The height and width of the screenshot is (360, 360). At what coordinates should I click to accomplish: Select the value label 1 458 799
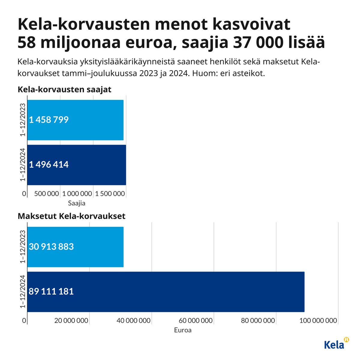pos(49,120)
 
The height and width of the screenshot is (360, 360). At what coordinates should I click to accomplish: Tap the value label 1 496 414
pos(49,165)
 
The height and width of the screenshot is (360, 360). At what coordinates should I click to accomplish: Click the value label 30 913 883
pos(51,247)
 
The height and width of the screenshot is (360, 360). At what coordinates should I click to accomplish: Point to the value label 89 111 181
pos(51,291)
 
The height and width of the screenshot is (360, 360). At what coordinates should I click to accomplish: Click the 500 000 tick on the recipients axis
pos(46,194)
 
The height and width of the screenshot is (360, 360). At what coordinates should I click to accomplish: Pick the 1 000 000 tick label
pos(77,194)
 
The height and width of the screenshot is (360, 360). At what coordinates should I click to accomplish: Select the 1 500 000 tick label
pos(109,194)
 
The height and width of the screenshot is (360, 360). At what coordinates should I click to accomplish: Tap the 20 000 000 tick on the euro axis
pos(71,321)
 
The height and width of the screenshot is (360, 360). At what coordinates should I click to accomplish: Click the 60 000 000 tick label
pos(196,321)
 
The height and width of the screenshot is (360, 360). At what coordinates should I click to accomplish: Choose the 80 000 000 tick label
pos(258,321)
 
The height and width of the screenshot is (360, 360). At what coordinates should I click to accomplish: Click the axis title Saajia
pos(76,203)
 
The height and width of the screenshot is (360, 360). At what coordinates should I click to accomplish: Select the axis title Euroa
pos(183,330)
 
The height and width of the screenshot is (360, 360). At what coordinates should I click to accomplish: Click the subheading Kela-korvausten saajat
pos(64,90)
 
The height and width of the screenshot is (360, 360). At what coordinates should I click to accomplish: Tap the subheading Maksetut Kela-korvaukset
pos(71,216)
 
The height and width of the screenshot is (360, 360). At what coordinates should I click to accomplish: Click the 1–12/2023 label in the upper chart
pos(22,120)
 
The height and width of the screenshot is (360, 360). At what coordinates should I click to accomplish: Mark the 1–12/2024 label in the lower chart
pos(22,291)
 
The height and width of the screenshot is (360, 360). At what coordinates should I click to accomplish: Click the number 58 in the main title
pos(28,43)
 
